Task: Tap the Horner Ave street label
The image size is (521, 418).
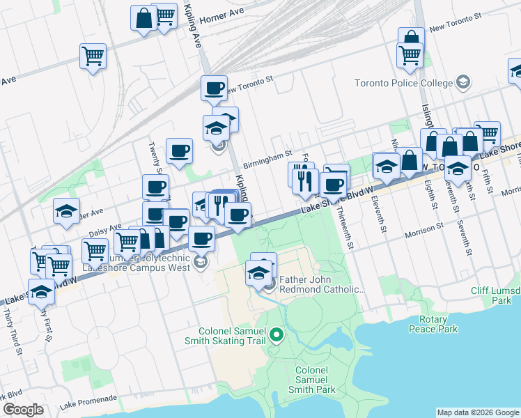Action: (x=221, y=16)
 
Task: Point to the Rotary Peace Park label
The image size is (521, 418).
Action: (x=433, y=323)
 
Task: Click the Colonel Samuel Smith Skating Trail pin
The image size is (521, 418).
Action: (x=277, y=336)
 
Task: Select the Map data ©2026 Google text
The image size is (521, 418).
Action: (x=479, y=412)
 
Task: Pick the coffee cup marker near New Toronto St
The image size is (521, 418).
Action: (x=214, y=88)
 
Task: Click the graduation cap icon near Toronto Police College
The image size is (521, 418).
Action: (x=462, y=84)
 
